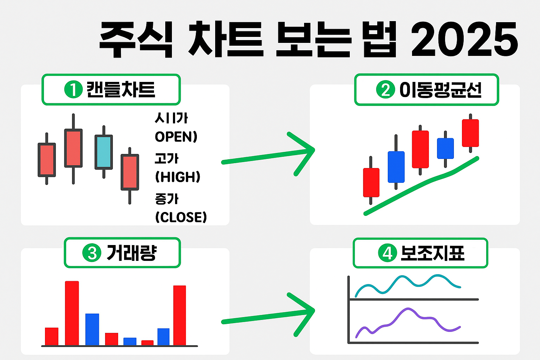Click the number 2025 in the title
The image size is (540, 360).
coord(464,39)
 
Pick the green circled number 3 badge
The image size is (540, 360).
coord(92,253)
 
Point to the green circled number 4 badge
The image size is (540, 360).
coord(387,253)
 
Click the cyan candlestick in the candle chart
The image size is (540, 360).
coord(104,152)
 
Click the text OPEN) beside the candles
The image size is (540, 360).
coord(176,137)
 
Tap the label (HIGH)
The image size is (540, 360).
coord(178,177)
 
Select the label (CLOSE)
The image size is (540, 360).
coord(181,217)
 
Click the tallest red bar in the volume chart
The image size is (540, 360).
coord(72,313)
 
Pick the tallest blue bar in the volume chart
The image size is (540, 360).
coord(92,329)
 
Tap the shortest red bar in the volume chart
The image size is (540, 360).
coord(147,343)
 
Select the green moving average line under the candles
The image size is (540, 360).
coord(422,186)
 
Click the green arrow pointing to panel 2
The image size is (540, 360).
coord(267,156)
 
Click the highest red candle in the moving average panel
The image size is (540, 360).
coord(470,133)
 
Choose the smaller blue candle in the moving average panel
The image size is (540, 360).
coord(445,148)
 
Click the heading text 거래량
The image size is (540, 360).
coord(131,253)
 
